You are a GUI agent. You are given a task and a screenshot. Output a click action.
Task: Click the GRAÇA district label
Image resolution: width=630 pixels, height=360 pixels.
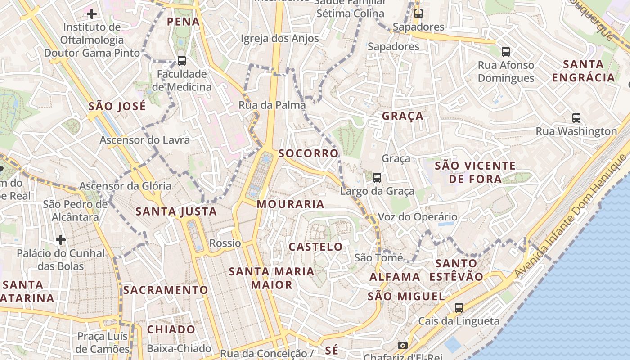click(x=403, y=116)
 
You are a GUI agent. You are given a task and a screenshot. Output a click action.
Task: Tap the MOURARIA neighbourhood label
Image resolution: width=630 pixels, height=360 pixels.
click(x=290, y=204)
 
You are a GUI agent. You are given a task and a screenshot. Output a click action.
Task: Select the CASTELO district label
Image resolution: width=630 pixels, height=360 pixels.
click(x=315, y=247)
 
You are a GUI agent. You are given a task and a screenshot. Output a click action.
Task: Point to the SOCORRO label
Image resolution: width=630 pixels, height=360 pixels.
click(x=308, y=153)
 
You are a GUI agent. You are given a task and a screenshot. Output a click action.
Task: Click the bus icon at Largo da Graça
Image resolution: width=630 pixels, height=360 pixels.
click(x=377, y=178)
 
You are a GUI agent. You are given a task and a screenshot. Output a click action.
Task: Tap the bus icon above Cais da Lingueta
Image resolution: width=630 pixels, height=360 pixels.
click(x=459, y=308)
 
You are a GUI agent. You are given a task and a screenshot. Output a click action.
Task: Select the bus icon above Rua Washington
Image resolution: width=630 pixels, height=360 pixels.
click(x=576, y=118)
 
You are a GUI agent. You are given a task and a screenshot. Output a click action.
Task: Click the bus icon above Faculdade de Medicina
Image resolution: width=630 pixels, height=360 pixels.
click(x=182, y=60)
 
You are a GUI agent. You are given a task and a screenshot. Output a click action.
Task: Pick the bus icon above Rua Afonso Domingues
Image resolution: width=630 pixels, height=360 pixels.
click(x=506, y=52)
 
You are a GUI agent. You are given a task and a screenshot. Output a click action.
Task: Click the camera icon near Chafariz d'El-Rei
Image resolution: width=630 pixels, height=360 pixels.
click(x=403, y=345)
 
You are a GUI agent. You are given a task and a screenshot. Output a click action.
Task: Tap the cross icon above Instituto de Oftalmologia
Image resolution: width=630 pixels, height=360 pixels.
click(x=92, y=14)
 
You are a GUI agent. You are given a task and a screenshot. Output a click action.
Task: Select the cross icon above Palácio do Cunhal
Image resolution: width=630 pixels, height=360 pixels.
click(x=61, y=240)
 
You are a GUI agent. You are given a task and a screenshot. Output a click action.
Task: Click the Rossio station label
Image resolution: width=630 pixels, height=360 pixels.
click(x=225, y=243)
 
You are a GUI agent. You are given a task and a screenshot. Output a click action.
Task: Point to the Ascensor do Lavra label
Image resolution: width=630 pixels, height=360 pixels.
click(x=144, y=140)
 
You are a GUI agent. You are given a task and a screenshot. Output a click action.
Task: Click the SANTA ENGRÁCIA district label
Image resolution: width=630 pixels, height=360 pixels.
click(x=583, y=71)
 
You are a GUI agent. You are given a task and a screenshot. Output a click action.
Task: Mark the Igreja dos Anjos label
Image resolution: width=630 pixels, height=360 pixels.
click(x=279, y=39)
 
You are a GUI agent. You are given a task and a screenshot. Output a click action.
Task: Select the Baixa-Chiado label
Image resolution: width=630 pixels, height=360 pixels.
click(x=179, y=348)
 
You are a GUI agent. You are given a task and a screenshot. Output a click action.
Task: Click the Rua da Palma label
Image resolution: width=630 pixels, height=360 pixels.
click(x=272, y=105)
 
